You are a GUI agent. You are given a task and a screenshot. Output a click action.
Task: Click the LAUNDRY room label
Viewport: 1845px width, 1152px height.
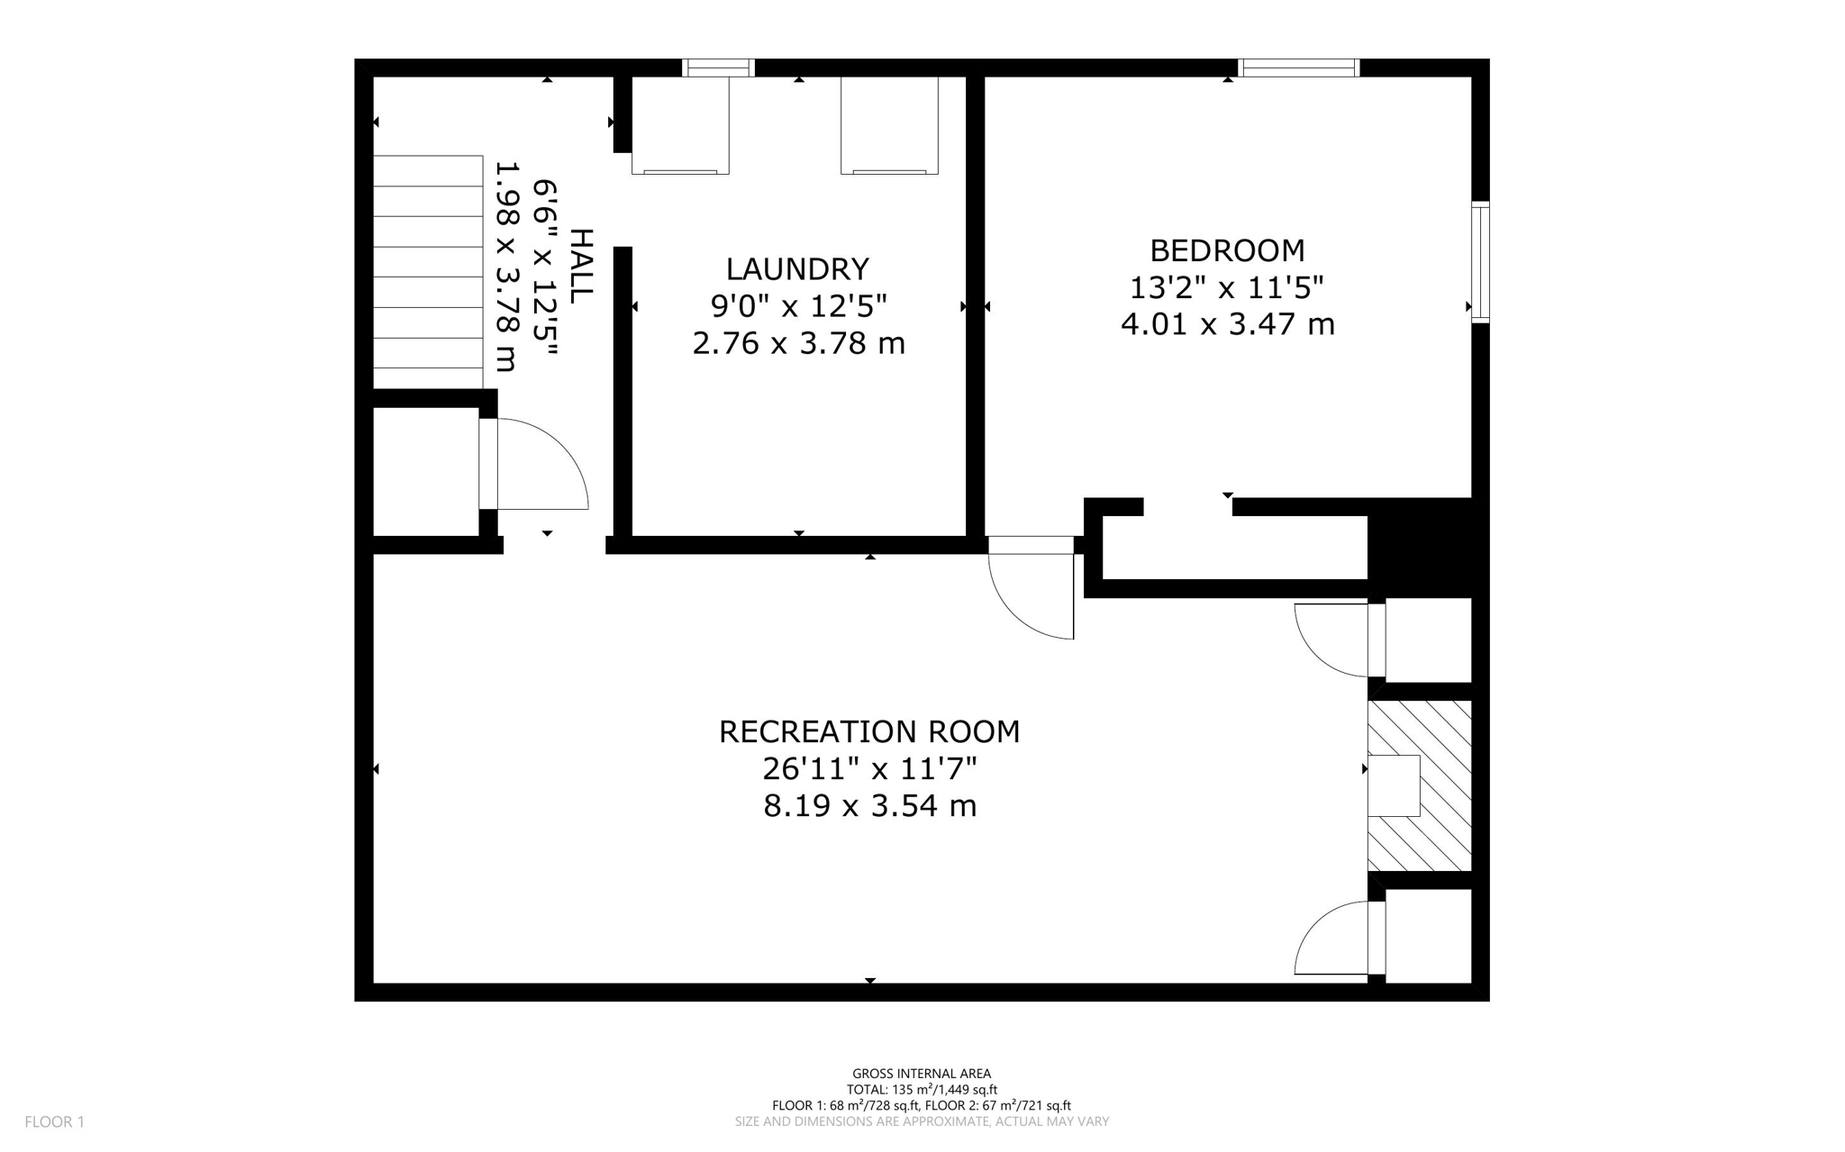797,269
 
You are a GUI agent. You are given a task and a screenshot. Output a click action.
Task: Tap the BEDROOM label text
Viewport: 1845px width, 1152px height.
1227,250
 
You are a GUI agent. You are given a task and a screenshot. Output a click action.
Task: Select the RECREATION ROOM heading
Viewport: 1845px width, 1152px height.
869,731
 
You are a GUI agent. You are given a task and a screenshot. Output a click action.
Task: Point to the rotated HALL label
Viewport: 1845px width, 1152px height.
582,266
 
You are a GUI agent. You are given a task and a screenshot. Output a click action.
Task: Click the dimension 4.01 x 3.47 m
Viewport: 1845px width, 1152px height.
1227,324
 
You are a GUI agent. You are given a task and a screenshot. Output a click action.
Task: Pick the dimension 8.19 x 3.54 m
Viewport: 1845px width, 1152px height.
869,806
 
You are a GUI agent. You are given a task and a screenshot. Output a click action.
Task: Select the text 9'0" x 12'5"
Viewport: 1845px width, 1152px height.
798,306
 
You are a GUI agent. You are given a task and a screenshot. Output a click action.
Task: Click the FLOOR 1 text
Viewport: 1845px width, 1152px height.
54,1121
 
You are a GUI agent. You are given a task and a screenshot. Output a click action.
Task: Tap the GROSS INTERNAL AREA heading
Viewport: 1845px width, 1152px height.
922,1073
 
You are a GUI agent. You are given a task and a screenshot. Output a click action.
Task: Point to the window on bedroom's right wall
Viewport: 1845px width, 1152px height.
1480,262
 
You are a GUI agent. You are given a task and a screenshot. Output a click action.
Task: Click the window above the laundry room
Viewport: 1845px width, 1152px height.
718,68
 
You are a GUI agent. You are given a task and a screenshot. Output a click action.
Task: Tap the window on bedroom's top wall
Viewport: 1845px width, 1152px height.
1298,68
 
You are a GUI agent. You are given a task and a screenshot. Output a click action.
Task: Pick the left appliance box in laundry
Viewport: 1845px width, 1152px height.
680,125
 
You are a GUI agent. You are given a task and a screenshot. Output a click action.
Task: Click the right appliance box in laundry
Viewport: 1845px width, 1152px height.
889,125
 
